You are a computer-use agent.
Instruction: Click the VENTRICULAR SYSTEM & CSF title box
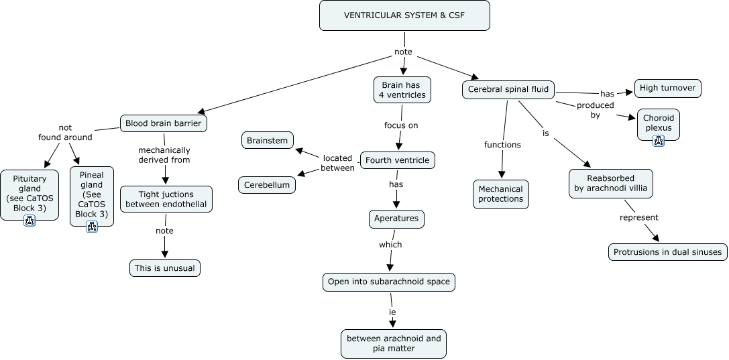404,15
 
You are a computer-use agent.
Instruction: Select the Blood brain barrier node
164,123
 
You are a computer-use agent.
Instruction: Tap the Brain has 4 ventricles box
403,91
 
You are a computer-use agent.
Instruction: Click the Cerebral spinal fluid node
508,89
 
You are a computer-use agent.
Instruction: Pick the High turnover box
667,88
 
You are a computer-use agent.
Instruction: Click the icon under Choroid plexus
658,140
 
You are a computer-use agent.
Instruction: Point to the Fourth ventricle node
398,161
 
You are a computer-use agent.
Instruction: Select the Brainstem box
267,140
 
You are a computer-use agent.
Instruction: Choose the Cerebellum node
266,184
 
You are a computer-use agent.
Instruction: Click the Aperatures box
396,219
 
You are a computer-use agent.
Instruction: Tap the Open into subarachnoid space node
389,282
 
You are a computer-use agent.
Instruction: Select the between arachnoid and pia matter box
394,343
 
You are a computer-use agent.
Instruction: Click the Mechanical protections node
500,194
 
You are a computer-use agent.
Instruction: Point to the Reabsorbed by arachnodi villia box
610,184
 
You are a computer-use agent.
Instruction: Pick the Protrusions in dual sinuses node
668,252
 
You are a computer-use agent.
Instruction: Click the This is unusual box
164,268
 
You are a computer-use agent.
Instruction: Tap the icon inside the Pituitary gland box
30,220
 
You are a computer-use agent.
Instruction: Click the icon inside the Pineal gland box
92,226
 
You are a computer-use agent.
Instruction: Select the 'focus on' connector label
400,125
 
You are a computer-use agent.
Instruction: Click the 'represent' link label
638,217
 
